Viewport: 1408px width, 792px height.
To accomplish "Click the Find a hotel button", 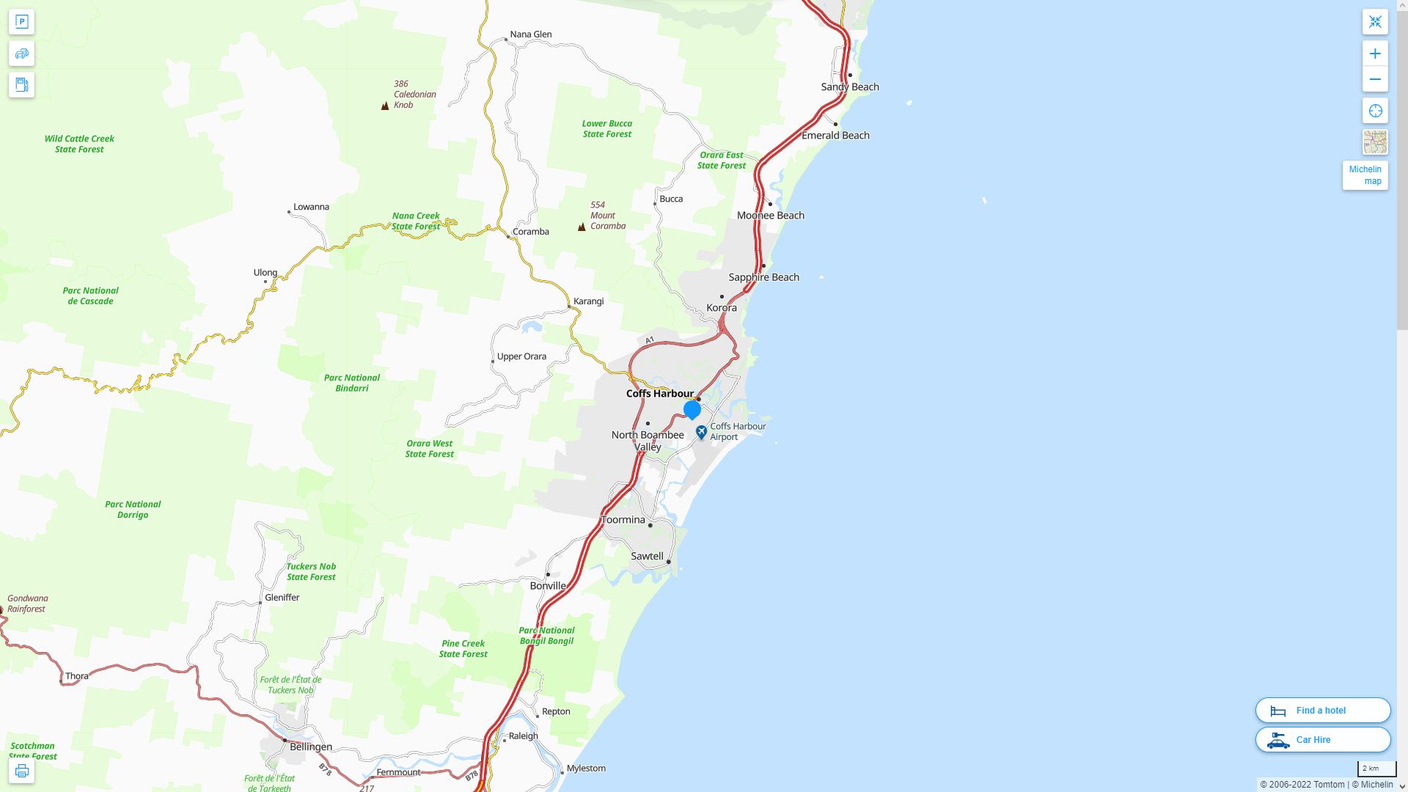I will [x=1322, y=710].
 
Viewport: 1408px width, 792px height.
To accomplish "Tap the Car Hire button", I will [x=1322, y=739].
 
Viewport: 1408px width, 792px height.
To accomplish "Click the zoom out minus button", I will [x=1375, y=79].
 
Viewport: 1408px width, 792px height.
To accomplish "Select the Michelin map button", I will [x=1365, y=175].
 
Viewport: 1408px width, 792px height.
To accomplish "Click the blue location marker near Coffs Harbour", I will [x=692, y=409].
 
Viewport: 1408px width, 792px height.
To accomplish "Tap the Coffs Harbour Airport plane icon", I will [x=701, y=432].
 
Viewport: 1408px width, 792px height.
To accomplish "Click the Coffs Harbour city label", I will [x=659, y=394].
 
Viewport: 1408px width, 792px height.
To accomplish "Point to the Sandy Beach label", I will [x=850, y=87].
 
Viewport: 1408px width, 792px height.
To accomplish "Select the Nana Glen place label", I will [x=530, y=34].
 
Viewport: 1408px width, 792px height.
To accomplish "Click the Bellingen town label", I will [x=311, y=747].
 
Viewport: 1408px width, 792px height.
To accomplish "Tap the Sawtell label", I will [x=647, y=556].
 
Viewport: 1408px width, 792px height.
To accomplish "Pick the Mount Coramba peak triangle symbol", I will [x=582, y=227].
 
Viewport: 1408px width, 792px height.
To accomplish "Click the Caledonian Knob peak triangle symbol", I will [x=385, y=106].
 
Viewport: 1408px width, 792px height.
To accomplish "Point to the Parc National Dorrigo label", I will [x=133, y=509].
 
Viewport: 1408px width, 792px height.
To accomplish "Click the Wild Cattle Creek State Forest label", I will [x=79, y=144].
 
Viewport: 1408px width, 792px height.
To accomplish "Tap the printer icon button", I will [x=21, y=771].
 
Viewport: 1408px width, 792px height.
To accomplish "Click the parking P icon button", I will [x=21, y=22].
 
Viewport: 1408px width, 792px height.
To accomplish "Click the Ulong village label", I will [x=265, y=273].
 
